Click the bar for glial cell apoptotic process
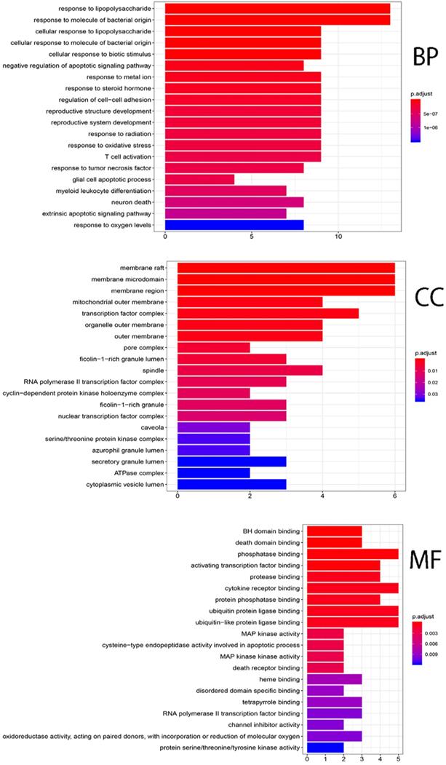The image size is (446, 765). click(x=200, y=179)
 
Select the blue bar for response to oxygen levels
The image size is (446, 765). click(x=234, y=225)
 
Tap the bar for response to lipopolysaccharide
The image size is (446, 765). click(x=277, y=9)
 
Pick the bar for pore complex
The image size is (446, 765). click(x=214, y=348)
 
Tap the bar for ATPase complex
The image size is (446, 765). click(x=214, y=472)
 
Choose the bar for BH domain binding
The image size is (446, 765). click(x=335, y=530)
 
